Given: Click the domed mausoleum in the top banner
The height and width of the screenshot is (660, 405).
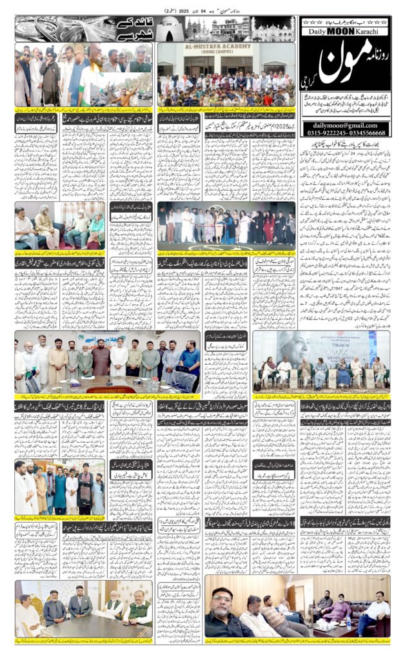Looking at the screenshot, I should coord(170,29).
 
